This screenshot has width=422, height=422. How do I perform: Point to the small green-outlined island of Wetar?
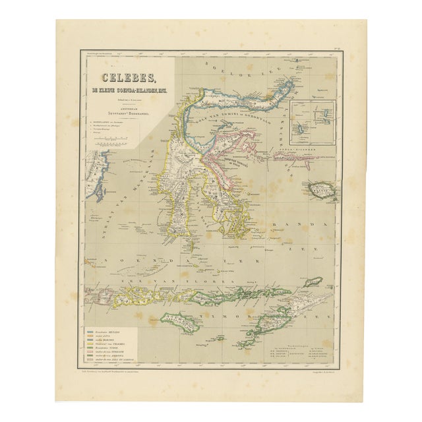pyautogui.click(x=312, y=282)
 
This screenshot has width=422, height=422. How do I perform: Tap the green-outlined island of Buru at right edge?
pyautogui.click(x=324, y=191)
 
